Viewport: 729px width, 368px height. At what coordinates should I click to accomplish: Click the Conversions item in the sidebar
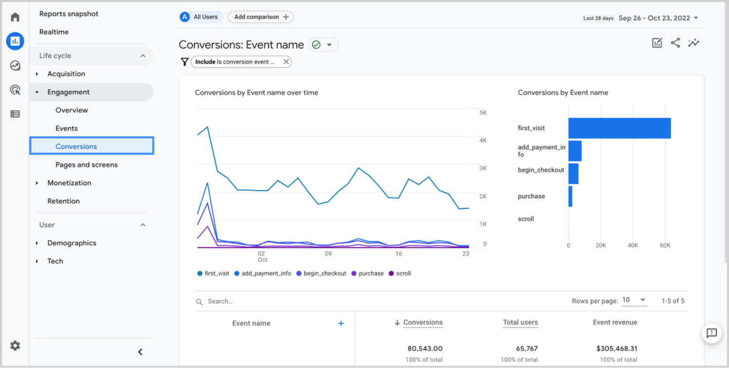[76, 146]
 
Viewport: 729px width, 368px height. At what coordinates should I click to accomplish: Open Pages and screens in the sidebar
[86, 165]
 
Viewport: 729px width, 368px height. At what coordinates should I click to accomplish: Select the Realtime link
[54, 32]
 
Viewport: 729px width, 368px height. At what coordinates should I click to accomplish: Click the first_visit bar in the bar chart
[619, 128]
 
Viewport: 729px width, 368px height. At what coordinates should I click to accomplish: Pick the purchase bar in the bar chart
[570, 196]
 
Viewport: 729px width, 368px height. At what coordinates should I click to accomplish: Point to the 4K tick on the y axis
[483, 141]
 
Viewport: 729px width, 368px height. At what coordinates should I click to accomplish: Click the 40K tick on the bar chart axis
[633, 245]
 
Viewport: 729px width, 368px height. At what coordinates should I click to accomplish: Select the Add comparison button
[261, 17]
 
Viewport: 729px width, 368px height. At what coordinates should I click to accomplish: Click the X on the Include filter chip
[286, 62]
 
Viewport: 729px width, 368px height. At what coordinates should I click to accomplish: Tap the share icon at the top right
[675, 43]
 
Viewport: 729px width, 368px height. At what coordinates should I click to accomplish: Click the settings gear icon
[15, 346]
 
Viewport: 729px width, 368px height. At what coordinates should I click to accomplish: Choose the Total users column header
[520, 322]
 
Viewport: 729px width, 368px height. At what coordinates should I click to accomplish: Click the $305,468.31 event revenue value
[617, 349]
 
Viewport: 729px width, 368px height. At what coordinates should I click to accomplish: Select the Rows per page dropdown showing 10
[634, 300]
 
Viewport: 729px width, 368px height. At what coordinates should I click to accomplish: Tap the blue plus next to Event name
[340, 323]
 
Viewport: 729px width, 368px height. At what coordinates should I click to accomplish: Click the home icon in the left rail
[15, 18]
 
